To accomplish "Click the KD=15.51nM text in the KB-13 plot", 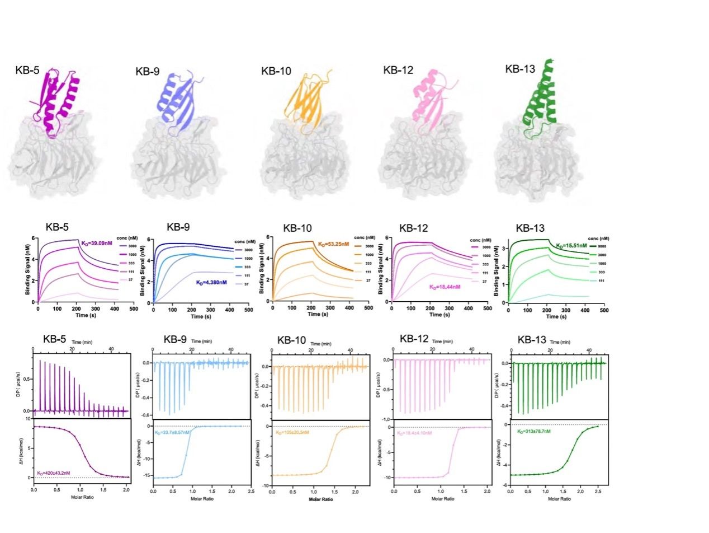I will (571, 245).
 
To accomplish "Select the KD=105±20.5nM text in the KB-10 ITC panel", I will (291, 432).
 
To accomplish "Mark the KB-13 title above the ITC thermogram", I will (532, 340).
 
